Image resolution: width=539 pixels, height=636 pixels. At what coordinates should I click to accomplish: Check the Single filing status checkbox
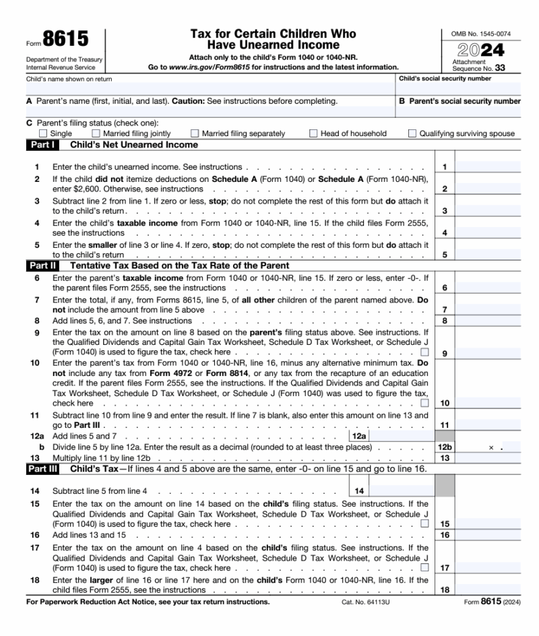coord(44,133)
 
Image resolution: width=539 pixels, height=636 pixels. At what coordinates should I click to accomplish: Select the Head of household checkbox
coord(313,133)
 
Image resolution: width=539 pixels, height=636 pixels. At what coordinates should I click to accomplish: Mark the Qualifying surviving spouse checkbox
coord(412,133)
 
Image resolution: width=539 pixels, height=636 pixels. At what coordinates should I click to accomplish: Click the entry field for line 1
coord(488,166)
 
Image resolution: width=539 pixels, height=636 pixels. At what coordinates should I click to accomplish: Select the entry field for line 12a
coord(400,437)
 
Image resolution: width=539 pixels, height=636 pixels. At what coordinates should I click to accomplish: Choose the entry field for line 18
coord(488,590)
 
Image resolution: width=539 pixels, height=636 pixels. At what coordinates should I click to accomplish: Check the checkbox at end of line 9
coord(424,352)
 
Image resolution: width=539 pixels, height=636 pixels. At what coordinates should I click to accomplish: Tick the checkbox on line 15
coord(424,523)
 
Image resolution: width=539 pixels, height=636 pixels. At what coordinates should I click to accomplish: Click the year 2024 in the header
coord(480,49)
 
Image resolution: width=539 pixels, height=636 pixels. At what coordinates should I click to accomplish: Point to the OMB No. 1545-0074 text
coord(480,33)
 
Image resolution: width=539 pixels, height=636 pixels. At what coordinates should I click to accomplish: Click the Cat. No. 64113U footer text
coord(364,602)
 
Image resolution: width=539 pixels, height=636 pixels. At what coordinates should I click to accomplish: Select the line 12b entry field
coord(488,447)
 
